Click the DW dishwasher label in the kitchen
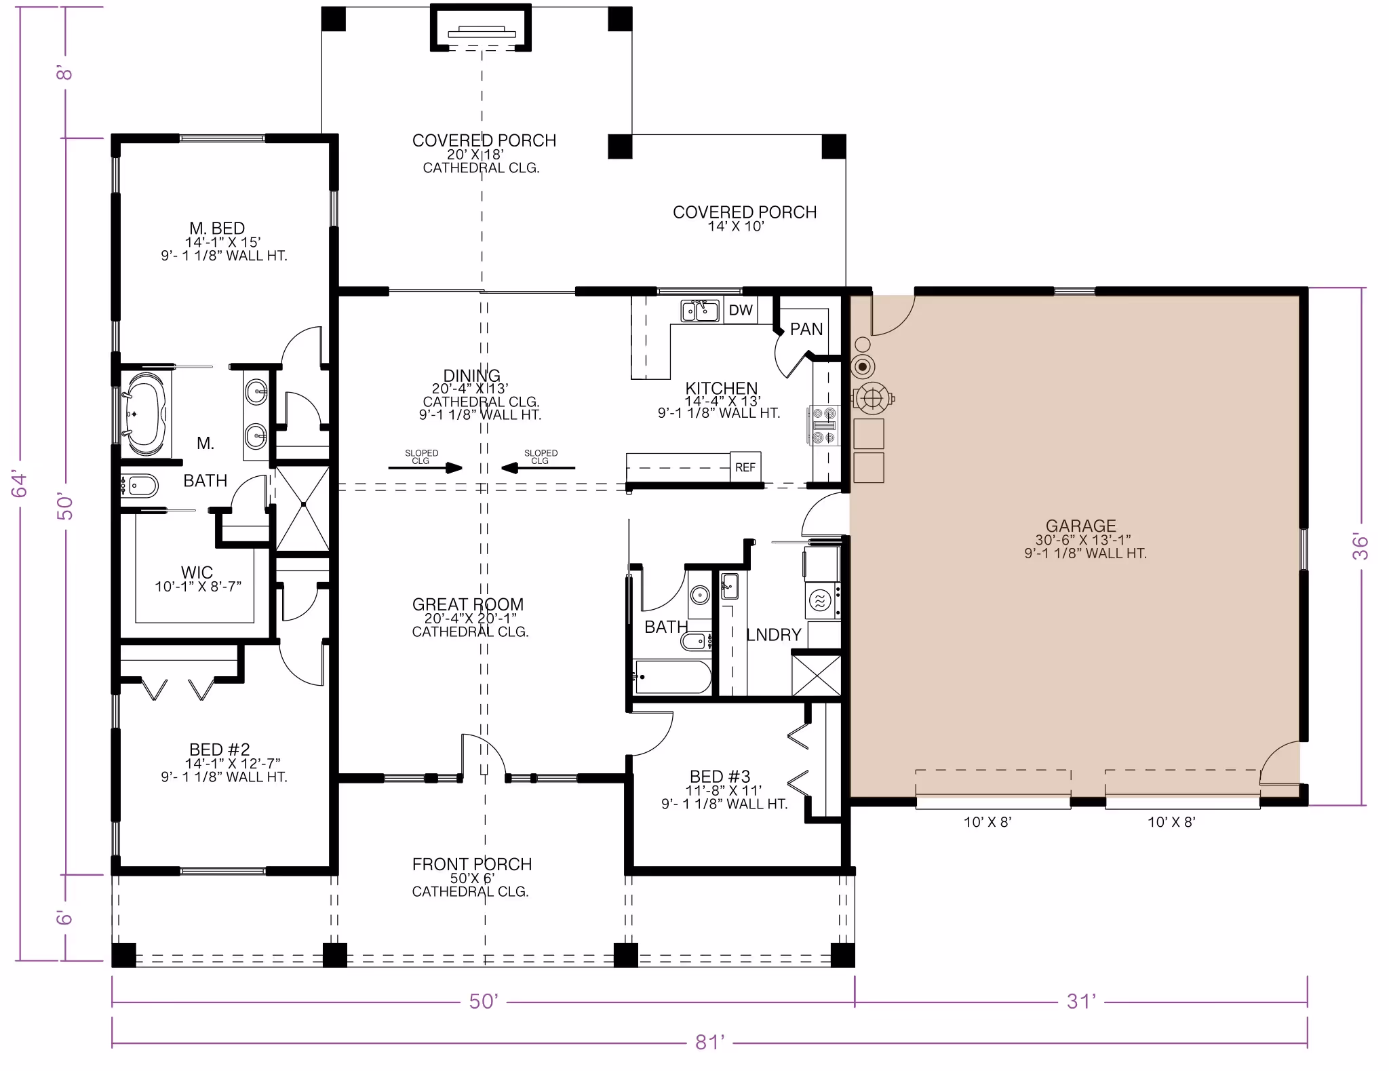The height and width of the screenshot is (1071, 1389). (x=741, y=310)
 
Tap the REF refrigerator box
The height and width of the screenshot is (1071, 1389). (x=745, y=467)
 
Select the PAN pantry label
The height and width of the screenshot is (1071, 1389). (x=806, y=329)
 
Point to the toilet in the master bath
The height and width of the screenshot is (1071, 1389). (x=140, y=486)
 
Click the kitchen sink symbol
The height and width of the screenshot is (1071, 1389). (x=700, y=311)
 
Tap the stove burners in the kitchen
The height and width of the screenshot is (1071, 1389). (x=824, y=425)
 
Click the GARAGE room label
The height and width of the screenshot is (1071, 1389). (x=1080, y=526)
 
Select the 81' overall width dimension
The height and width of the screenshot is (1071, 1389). (x=709, y=1042)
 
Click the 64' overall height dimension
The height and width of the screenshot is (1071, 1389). (x=19, y=484)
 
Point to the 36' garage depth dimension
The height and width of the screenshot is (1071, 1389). (x=1361, y=547)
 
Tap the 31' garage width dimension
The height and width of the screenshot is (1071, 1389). (x=1081, y=1001)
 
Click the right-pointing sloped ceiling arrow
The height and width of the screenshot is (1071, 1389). (x=425, y=467)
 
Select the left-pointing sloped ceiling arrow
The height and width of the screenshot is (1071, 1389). (x=538, y=467)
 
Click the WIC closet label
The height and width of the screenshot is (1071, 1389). (x=197, y=572)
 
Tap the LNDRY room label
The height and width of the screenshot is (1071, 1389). (x=774, y=635)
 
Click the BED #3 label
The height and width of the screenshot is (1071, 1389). (x=720, y=777)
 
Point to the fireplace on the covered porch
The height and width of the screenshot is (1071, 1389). (x=481, y=28)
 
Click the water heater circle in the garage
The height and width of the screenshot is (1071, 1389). (x=863, y=367)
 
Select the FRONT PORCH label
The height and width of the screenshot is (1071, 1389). (x=472, y=864)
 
